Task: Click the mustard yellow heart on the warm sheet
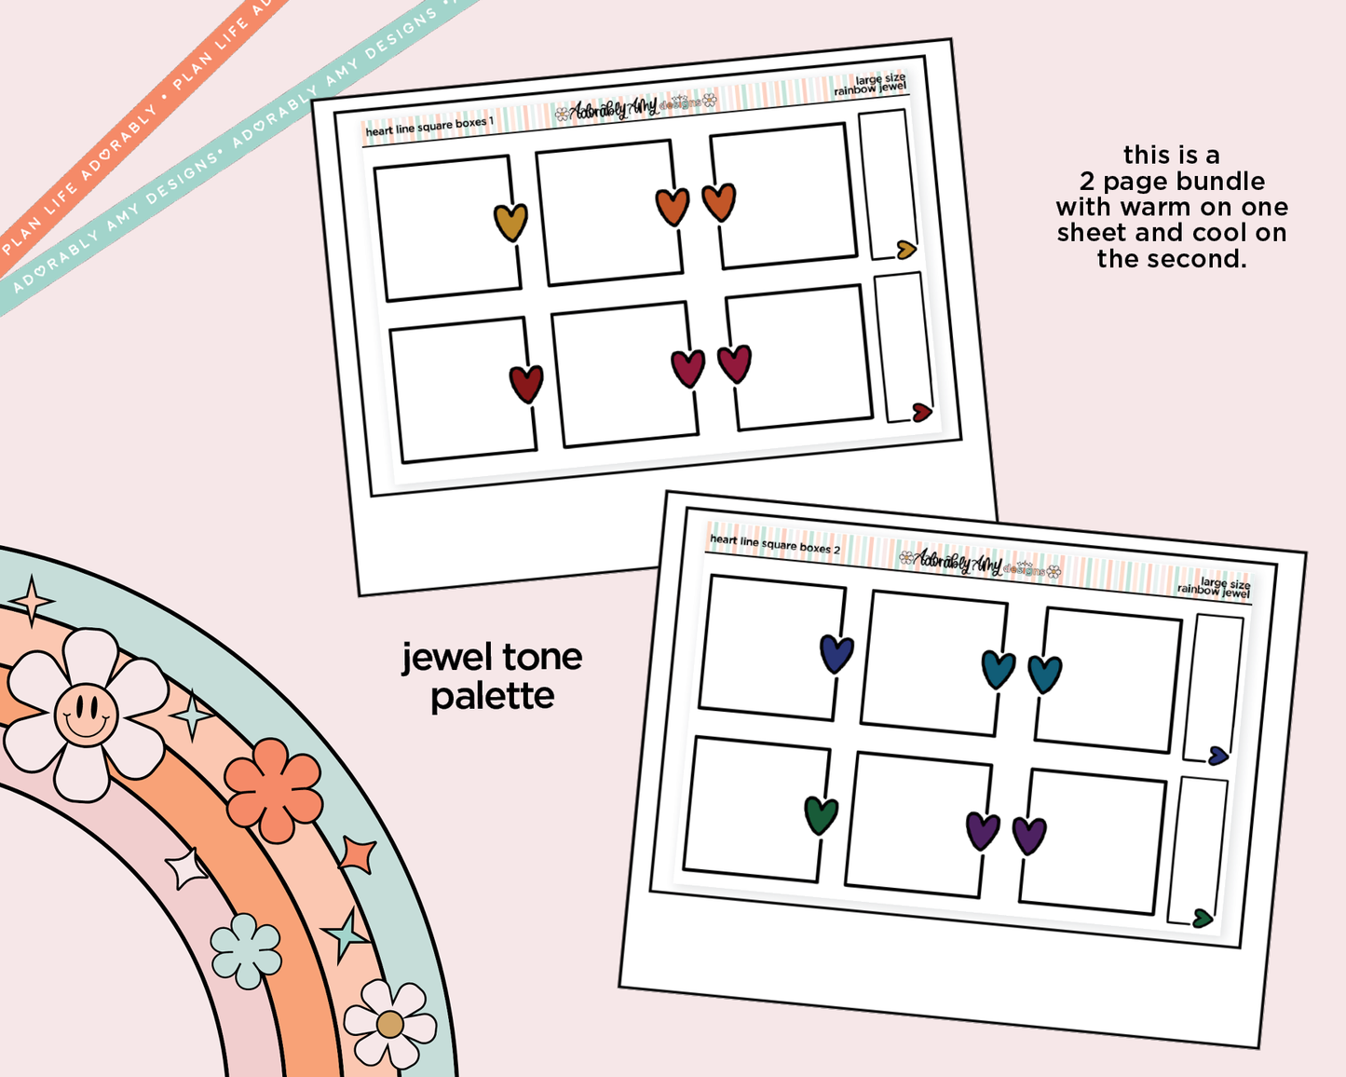[510, 223]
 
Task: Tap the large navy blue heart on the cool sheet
[836, 653]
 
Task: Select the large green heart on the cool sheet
[821, 815]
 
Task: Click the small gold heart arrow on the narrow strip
[906, 249]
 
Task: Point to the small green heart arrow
[1203, 919]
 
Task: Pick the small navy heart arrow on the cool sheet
[1218, 756]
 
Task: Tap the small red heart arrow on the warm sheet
[921, 413]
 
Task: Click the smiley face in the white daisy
[86, 715]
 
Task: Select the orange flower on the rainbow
[274, 789]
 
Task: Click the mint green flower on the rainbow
[246, 950]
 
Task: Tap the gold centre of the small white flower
[390, 1025]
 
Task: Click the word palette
[492, 697]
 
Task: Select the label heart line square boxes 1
[429, 126]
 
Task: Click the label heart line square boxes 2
[774, 544]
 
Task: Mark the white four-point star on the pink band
[186, 869]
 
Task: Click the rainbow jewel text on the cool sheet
[1213, 591]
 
